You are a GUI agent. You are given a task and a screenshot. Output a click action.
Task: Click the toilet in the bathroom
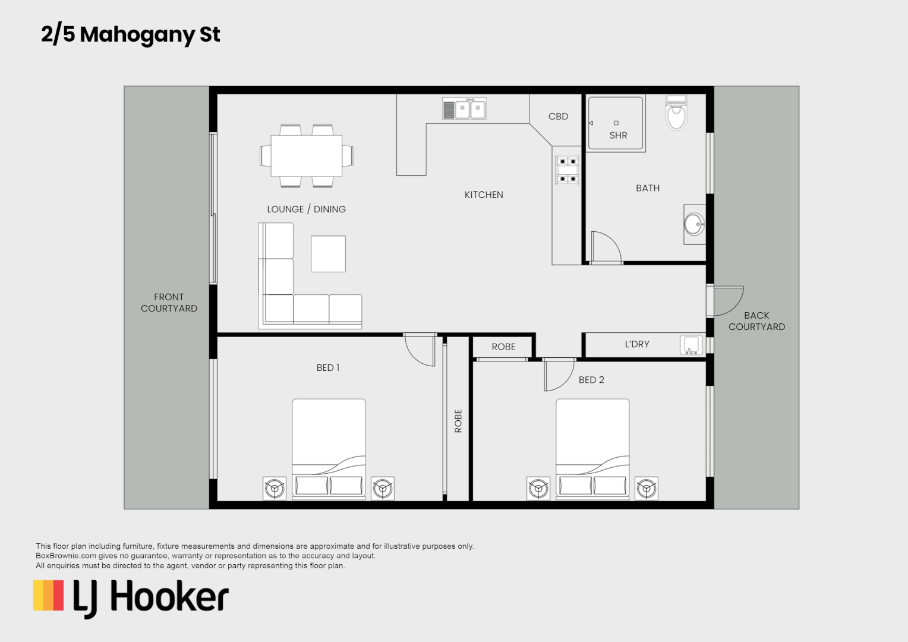(676, 114)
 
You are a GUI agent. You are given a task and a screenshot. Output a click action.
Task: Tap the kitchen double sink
(464, 109)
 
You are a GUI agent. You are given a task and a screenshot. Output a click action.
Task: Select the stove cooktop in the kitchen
(567, 170)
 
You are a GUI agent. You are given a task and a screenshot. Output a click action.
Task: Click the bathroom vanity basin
(693, 225)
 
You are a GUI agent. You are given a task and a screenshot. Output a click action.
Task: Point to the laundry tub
(691, 345)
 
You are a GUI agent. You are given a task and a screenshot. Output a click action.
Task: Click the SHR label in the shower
(618, 136)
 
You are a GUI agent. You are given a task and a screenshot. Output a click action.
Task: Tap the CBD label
(558, 117)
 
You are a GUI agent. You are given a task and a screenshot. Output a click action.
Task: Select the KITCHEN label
(484, 195)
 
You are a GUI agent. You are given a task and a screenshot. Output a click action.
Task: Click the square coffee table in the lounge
(328, 254)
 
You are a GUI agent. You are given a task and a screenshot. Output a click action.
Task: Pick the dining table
(306, 156)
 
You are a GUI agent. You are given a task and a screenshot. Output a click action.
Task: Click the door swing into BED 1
(421, 351)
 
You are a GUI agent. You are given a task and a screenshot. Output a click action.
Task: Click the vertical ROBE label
(458, 421)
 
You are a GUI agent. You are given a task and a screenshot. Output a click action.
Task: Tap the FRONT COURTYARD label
(169, 303)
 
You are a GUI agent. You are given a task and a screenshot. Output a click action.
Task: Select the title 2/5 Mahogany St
(131, 34)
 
